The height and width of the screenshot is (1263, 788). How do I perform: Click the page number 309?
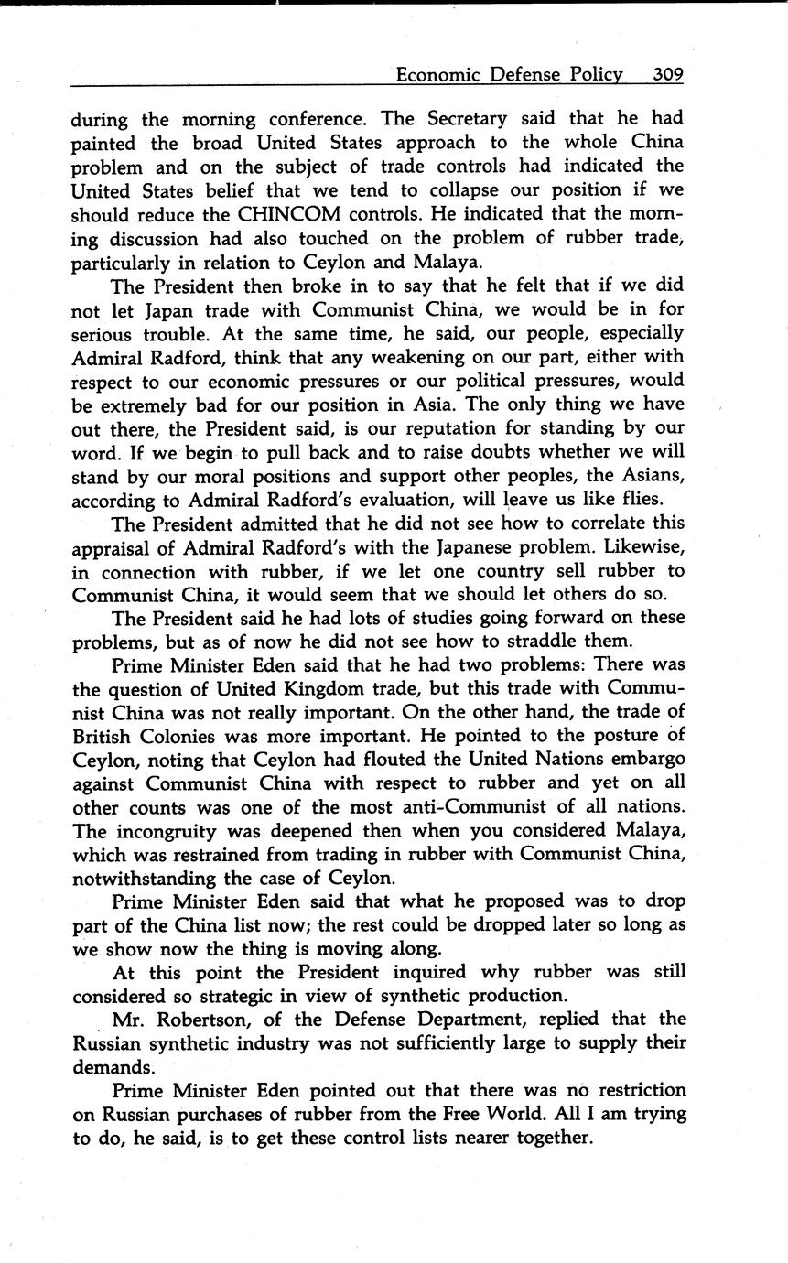667,74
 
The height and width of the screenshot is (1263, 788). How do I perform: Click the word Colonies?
191,736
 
